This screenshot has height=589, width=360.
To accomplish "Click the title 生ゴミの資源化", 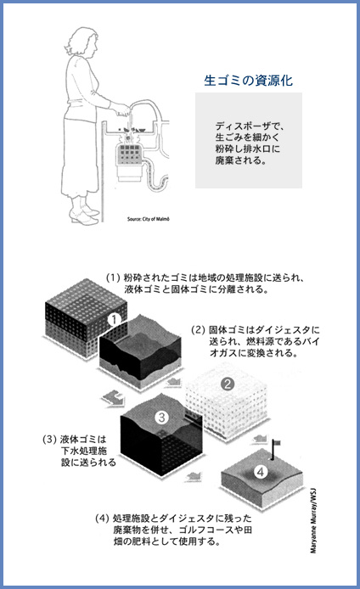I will tap(249, 82).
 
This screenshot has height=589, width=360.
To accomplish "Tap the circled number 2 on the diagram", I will tap(227, 383).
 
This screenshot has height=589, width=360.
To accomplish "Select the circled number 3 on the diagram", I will tap(161, 417).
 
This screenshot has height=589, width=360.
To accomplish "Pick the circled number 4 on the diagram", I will tap(262, 470).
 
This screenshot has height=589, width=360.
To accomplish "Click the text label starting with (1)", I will tap(210, 283).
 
